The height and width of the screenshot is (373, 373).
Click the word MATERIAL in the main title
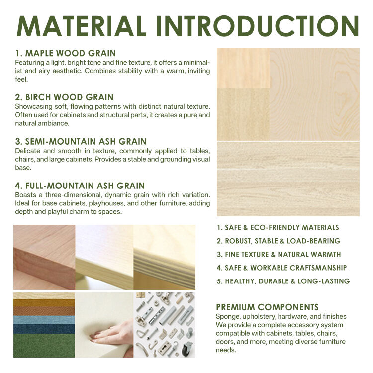pos(82,26)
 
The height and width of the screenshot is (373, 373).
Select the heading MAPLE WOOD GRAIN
pos(66,53)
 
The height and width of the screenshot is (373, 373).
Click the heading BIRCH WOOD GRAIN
pos(65,97)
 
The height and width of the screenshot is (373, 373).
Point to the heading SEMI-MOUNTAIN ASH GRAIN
pos(81,142)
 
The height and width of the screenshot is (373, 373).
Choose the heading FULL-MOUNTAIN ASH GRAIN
pos(80,186)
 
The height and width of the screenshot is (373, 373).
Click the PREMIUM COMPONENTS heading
pos(267,307)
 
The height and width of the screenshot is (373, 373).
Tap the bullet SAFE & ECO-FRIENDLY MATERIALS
pos(278,228)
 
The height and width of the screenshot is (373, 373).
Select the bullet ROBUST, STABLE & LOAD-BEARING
pos(279,241)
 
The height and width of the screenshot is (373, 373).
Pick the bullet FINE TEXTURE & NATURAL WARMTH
pos(279,254)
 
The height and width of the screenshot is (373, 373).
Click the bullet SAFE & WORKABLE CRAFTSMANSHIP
pos(281,268)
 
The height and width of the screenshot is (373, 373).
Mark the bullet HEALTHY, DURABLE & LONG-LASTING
pos(283,281)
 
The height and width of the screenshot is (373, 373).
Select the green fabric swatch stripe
pos(44,346)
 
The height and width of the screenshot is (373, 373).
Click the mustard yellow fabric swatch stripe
pos(44,303)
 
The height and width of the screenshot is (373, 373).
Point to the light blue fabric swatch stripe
pos(44,320)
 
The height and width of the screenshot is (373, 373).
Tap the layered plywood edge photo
pos(165,258)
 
